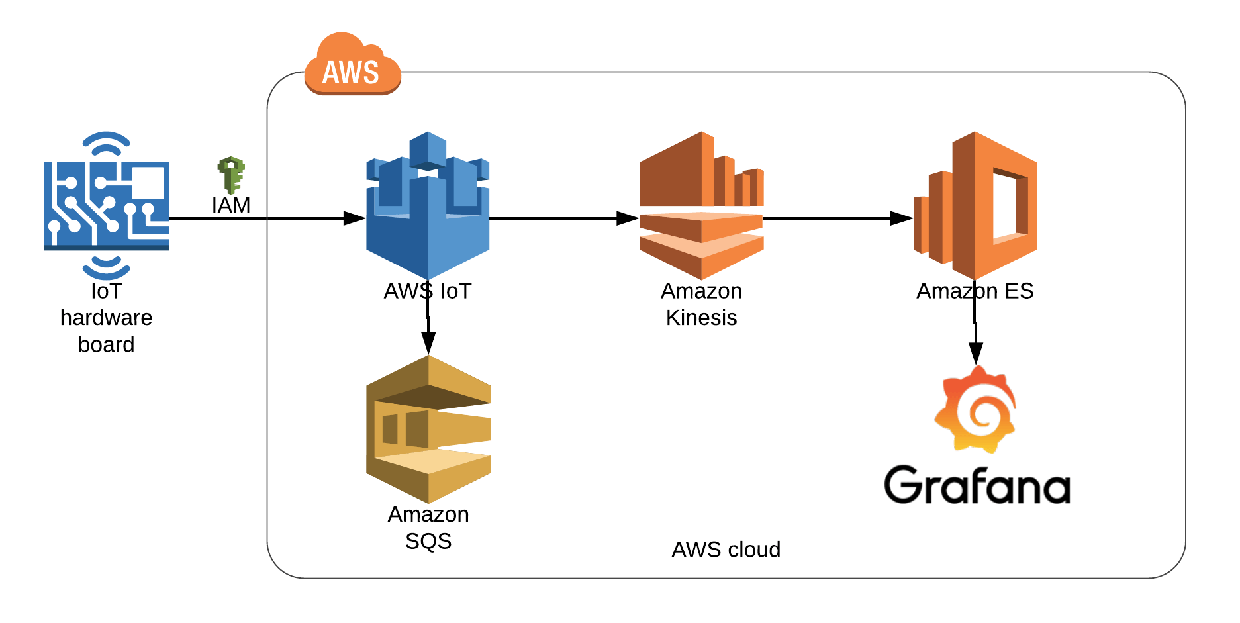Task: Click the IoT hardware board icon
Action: pyautogui.click(x=106, y=205)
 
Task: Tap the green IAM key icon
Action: pyautogui.click(x=231, y=175)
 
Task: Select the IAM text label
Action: pyautogui.click(x=231, y=205)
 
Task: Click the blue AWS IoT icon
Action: pyautogui.click(x=428, y=205)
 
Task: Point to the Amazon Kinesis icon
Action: pyautogui.click(x=701, y=205)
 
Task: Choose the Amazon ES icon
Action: pyautogui.click(x=975, y=205)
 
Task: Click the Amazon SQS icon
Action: pyautogui.click(x=428, y=429)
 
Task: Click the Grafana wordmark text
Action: pyautogui.click(x=977, y=485)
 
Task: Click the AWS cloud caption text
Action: pyautogui.click(x=726, y=550)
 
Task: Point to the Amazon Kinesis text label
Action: pyautogui.click(x=701, y=305)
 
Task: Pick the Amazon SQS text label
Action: pyautogui.click(x=428, y=528)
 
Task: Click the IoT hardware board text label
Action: pyautogui.click(x=106, y=318)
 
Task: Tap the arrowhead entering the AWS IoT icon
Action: pyautogui.click(x=355, y=218)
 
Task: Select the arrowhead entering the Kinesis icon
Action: pyautogui.click(x=628, y=218)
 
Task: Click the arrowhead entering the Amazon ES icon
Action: pyautogui.click(x=902, y=218)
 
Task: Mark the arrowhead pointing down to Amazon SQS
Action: pyautogui.click(x=428, y=343)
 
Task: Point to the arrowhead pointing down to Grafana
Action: pyautogui.click(x=975, y=353)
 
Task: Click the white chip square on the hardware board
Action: pyautogui.click(x=148, y=182)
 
